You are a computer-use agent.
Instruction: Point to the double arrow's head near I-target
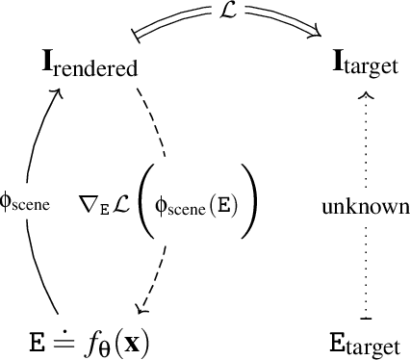pyautogui.click(x=315, y=37)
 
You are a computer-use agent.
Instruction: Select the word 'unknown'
pyautogui.click(x=366, y=207)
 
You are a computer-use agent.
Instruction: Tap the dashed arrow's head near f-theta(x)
pyautogui.click(x=142, y=310)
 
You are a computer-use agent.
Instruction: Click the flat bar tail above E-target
pyautogui.click(x=365, y=318)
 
